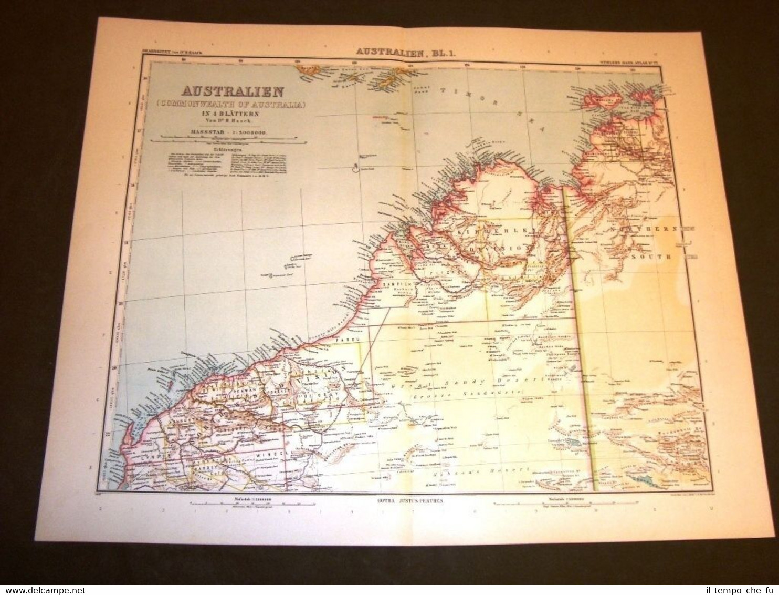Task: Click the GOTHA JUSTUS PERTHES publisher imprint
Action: pos(403,501)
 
